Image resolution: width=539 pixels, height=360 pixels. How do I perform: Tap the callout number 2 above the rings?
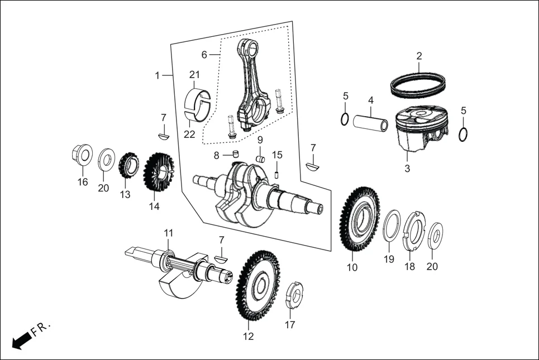click(x=419, y=56)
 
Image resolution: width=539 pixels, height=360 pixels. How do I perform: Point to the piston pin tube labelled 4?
click(x=370, y=123)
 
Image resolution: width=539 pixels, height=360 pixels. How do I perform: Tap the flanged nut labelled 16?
click(x=82, y=156)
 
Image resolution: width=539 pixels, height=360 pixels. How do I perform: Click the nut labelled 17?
click(x=293, y=296)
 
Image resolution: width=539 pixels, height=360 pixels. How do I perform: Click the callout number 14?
click(x=154, y=206)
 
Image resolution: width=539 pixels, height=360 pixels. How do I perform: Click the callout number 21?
click(x=194, y=75)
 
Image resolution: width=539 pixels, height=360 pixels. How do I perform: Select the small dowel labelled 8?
click(x=236, y=153)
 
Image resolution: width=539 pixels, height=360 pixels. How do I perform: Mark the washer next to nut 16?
click(x=104, y=161)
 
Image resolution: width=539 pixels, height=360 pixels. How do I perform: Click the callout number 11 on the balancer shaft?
click(x=168, y=232)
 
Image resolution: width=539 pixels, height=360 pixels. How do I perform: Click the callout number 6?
click(x=204, y=55)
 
